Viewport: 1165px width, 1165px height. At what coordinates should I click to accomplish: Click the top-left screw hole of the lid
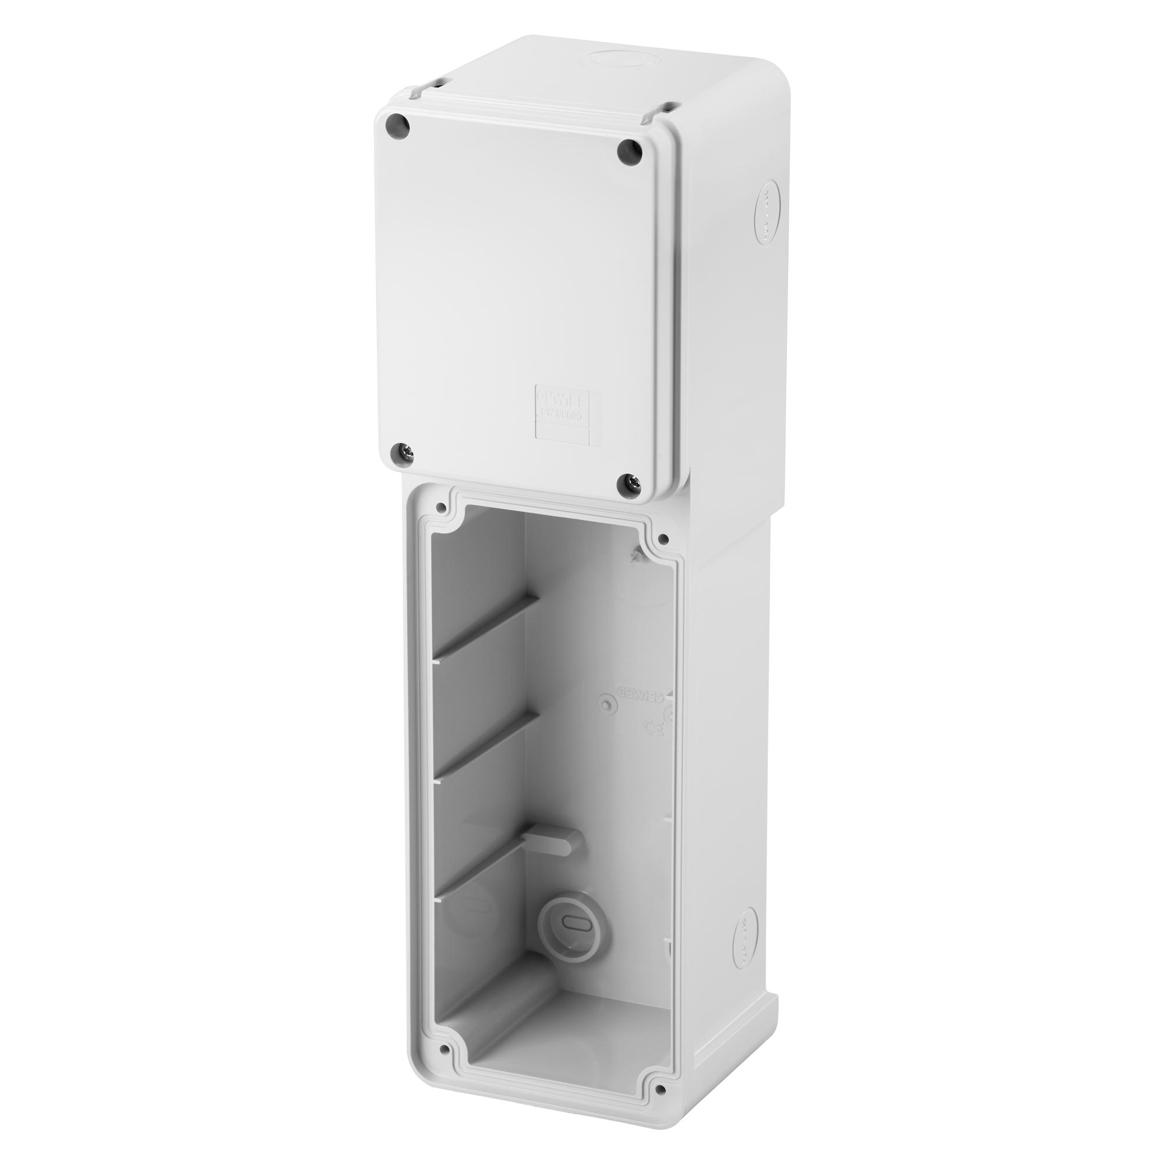coord(398,126)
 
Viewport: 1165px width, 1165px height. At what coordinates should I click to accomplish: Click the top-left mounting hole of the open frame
coord(443,508)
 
